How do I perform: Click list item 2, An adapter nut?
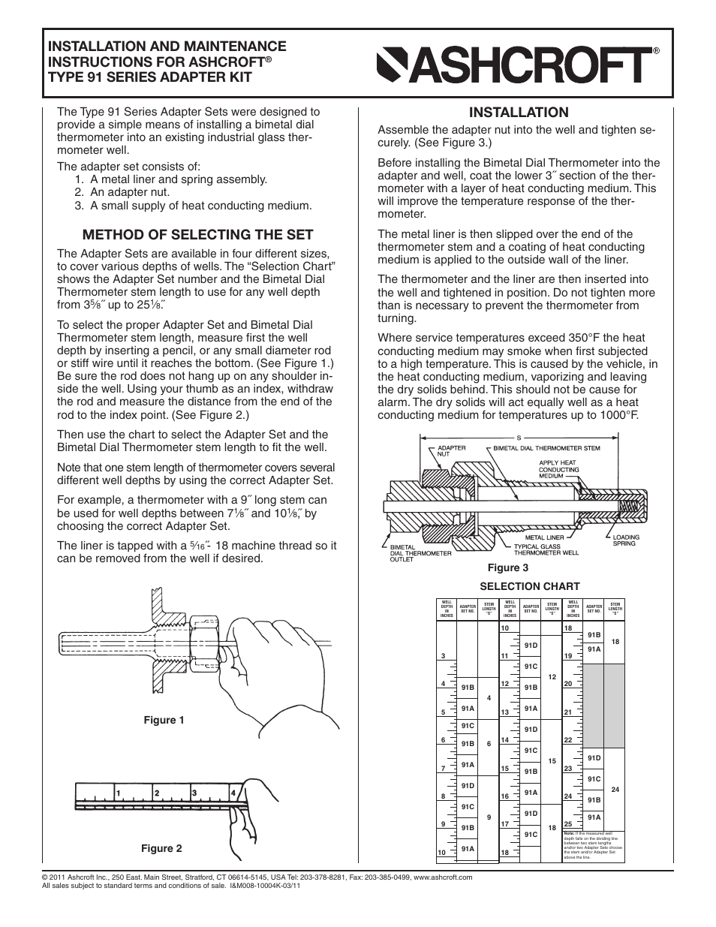tap(130, 192)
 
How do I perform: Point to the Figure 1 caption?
tap(164, 720)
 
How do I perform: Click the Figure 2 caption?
tap(162, 848)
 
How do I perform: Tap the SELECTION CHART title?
tap(530, 586)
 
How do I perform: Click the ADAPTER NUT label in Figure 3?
tap(451, 451)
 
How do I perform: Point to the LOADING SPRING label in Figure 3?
tap(624, 540)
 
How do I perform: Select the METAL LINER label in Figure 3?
tap(544, 537)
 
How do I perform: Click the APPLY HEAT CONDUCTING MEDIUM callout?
tap(558, 469)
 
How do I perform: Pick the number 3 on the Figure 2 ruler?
tap(194, 793)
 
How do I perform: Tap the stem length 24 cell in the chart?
tap(615, 790)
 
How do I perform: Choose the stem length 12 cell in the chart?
tap(552, 677)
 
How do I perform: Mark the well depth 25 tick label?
tap(568, 823)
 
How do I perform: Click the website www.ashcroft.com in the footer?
tap(443, 877)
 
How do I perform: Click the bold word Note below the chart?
tap(568, 833)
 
